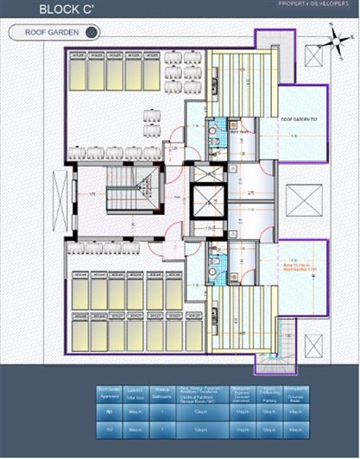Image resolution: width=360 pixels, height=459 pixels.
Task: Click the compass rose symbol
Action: click(x=332, y=38)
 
